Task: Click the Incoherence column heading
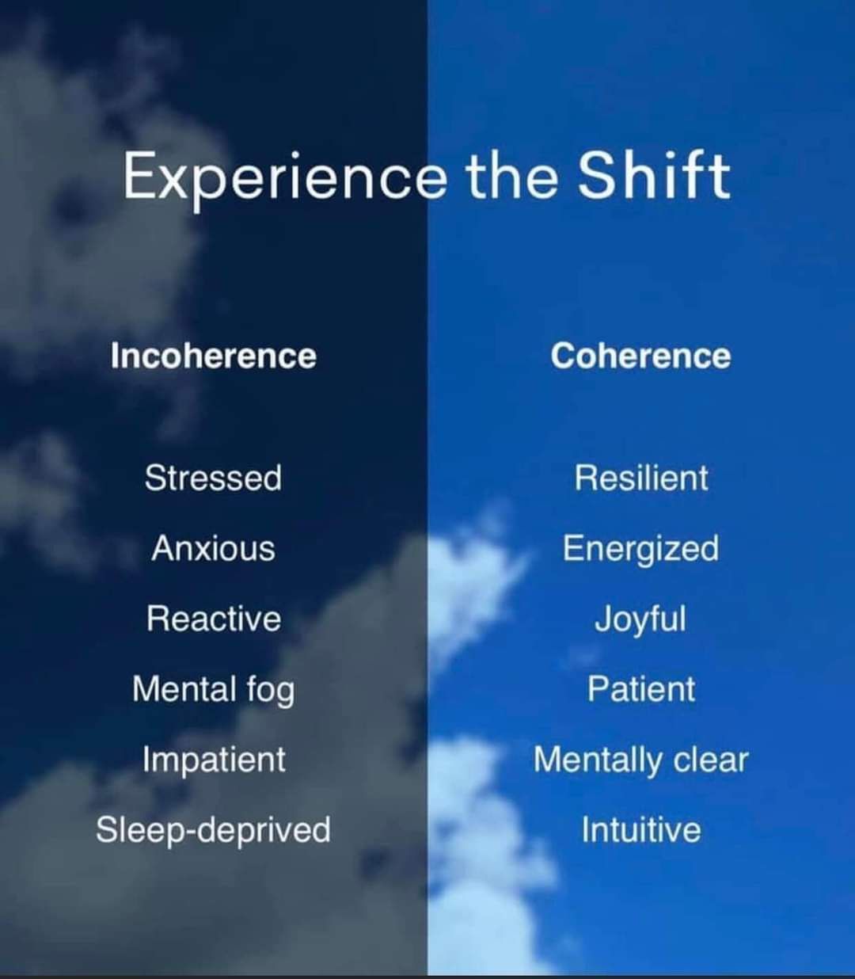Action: pyautogui.click(x=213, y=356)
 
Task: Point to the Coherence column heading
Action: pyautogui.click(x=640, y=356)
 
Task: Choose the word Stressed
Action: pyautogui.click(x=213, y=478)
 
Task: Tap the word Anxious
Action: pyautogui.click(x=213, y=548)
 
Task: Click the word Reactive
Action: pyautogui.click(x=214, y=619)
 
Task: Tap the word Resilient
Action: pyautogui.click(x=641, y=478)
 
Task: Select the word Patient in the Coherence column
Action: pyautogui.click(x=641, y=690)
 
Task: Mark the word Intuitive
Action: pyautogui.click(x=641, y=830)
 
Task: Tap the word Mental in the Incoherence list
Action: pyautogui.click(x=184, y=690)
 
